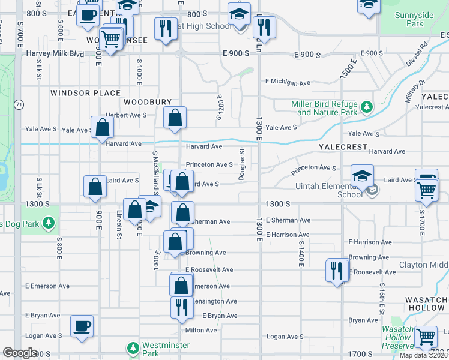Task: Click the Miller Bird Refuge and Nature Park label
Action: point(325,108)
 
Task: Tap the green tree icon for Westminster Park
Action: point(133,347)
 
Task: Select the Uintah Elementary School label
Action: point(342,190)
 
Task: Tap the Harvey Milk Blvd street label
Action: point(55,53)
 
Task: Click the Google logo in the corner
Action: point(19,353)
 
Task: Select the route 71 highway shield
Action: point(20,104)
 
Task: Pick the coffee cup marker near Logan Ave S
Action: point(82,327)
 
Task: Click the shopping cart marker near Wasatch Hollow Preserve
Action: point(426,337)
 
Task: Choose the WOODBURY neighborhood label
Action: point(148,102)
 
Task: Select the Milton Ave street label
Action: point(201,330)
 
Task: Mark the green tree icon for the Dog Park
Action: point(49,224)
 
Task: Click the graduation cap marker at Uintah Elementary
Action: point(362,176)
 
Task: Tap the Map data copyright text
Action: point(423,355)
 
